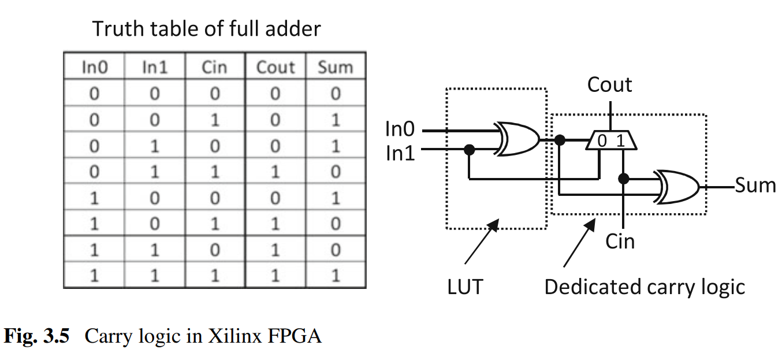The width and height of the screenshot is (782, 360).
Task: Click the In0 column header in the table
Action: (x=94, y=67)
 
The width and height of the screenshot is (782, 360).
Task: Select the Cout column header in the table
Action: (x=275, y=67)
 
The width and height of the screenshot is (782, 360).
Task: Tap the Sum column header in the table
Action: (x=335, y=67)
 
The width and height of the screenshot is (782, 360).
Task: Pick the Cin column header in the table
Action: (x=214, y=67)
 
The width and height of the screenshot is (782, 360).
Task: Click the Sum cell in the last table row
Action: (x=336, y=275)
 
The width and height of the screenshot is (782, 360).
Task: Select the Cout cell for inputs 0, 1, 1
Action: (x=275, y=172)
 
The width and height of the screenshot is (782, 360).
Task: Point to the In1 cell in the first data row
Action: (x=154, y=93)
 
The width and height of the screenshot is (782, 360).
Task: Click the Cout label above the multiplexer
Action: (x=609, y=85)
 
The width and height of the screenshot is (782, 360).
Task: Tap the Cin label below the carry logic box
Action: (x=620, y=241)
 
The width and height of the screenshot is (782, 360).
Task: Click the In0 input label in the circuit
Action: (x=400, y=129)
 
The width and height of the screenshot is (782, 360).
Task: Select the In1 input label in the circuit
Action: (x=400, y=153)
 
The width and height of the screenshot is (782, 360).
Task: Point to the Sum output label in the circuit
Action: (x=755, y=185)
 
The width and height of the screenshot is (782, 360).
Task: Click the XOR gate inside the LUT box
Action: (x=516, y=139)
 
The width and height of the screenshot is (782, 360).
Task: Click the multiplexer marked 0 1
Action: (x=610, y=140)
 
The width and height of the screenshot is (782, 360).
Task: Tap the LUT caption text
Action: (x=465, y=287)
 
